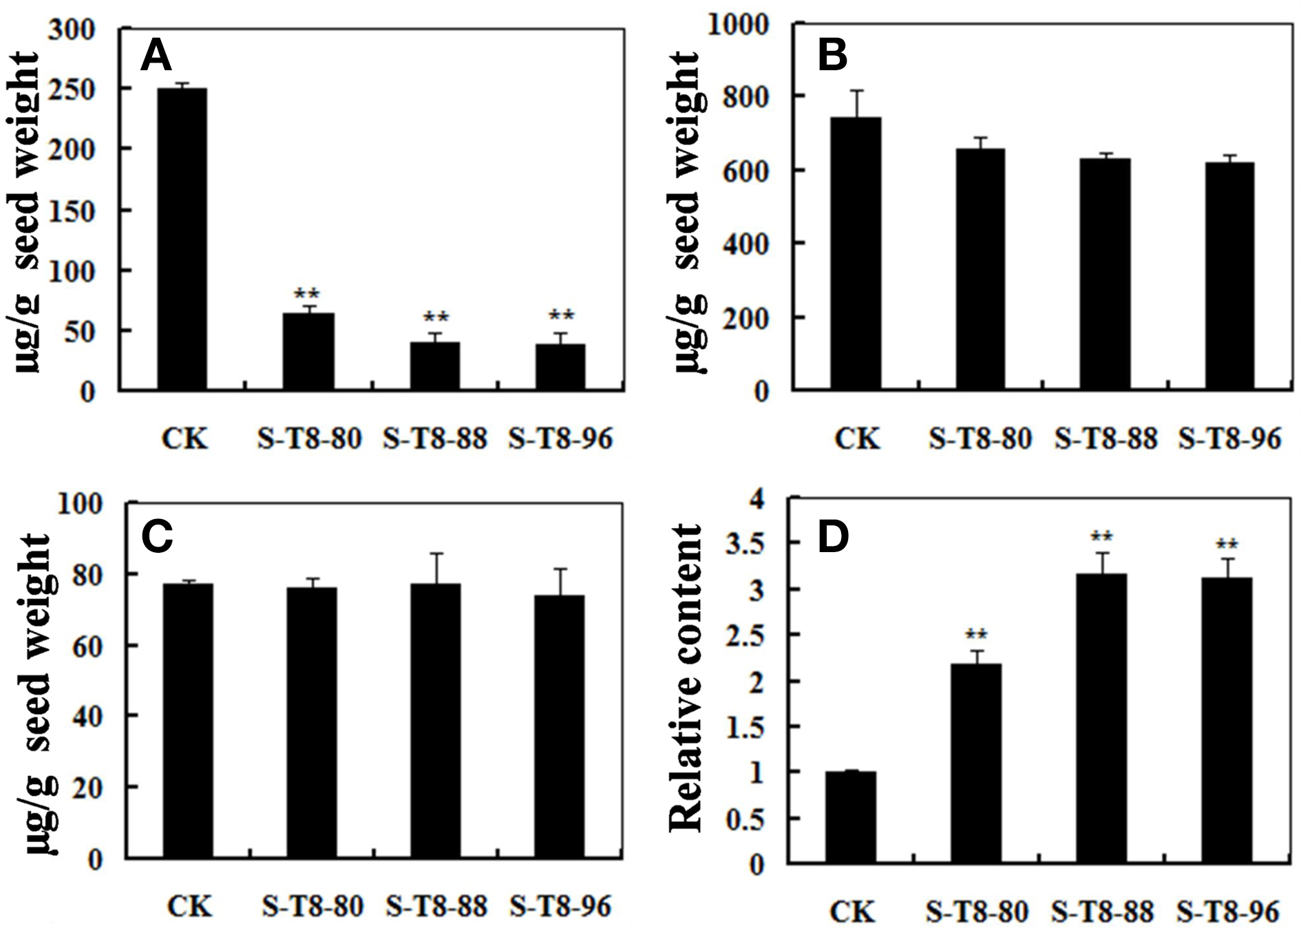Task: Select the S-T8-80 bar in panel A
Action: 308,352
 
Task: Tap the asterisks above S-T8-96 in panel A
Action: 561,316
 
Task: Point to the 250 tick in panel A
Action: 72,89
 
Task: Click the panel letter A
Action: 156,56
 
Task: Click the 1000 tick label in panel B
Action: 740,25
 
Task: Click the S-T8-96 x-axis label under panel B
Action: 1230,439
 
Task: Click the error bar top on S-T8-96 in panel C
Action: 560,569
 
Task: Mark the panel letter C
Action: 157,536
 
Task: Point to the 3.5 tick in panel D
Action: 747,544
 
